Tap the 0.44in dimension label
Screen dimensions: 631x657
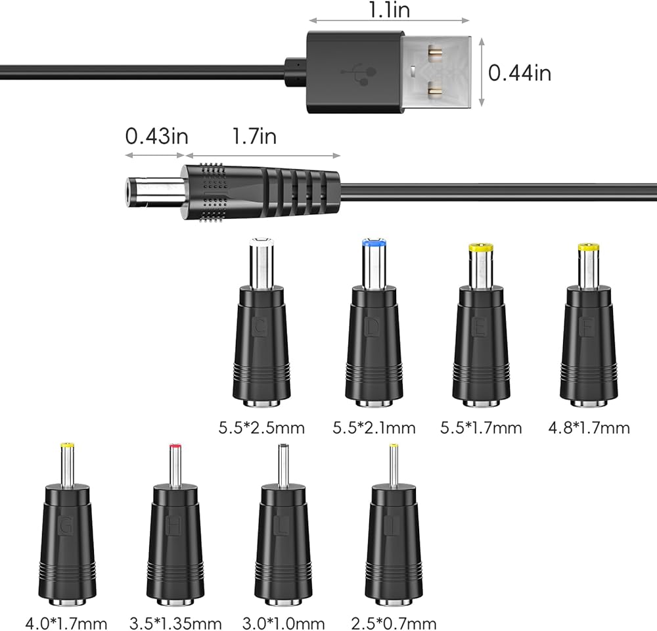click(519, 72)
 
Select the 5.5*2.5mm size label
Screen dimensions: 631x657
click(261, 429)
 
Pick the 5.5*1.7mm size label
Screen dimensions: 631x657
click(481, 429)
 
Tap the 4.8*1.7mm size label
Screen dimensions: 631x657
click(589, 429)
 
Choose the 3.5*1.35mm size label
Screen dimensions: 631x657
click(175, 622)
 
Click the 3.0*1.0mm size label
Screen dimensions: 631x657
click(283, 622)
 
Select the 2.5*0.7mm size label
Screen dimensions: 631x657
click(394, 622)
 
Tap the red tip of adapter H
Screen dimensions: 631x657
click(175, 447)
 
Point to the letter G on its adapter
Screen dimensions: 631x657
click(65, 526)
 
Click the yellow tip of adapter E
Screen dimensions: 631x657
click(481, 248)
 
